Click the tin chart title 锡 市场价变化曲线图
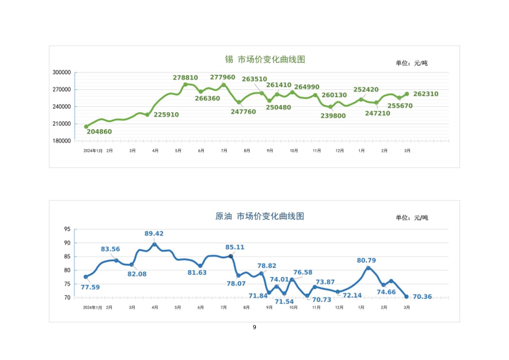(265, 60)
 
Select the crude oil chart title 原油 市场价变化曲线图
(260, 216)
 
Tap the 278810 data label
(185, 78)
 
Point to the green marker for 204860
(86, 127)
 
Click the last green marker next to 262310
(407, 94)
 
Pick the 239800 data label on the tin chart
(333, 116)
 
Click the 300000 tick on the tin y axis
(62, 72)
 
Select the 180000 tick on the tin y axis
(62, 141)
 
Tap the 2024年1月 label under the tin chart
(93, 151)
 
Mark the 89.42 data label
(154, 234)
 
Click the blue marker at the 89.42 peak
(154, 245)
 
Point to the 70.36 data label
(422, 297)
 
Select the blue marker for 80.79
(368, 268)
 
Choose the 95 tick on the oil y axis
(67, 229)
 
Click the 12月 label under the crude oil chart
(339, 307)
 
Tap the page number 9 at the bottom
(254, 327)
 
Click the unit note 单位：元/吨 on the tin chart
(412, 63)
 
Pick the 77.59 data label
(90, 287)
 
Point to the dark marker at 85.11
(231, 256)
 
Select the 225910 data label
(166, 115)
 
